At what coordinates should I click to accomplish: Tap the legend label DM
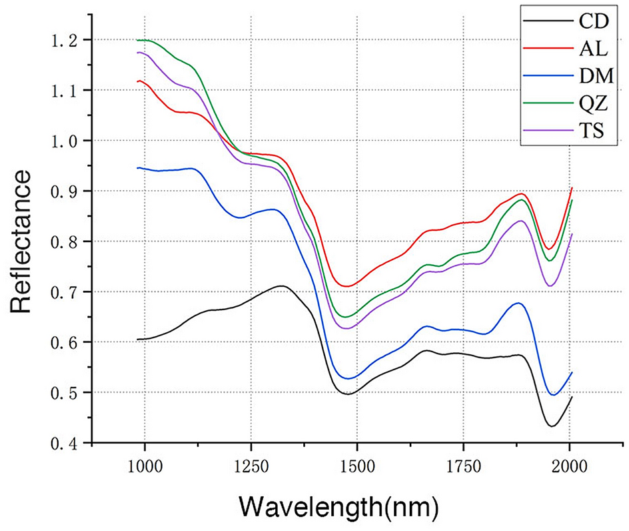589,75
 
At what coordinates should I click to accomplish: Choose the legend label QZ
588,102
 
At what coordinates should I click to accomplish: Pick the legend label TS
588,130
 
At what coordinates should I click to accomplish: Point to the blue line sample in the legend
544,75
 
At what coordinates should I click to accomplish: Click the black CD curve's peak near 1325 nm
283,286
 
